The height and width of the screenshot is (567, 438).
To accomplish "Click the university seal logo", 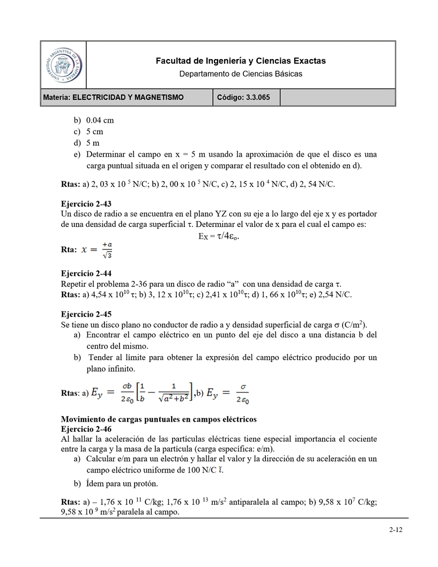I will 63,65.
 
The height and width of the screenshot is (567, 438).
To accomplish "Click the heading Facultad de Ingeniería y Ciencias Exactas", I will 240,61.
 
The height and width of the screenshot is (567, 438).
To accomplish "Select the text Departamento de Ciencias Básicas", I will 240,73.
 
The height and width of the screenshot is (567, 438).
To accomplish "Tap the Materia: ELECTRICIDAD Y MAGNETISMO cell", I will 128,97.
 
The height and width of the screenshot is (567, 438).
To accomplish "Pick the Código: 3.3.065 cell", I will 247,97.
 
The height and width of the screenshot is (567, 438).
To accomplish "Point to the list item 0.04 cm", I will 100,120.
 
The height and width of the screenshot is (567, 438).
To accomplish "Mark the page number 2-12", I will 396,530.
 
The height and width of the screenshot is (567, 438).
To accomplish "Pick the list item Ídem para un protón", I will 122,483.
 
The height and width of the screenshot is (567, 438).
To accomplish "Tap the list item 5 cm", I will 94,131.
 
